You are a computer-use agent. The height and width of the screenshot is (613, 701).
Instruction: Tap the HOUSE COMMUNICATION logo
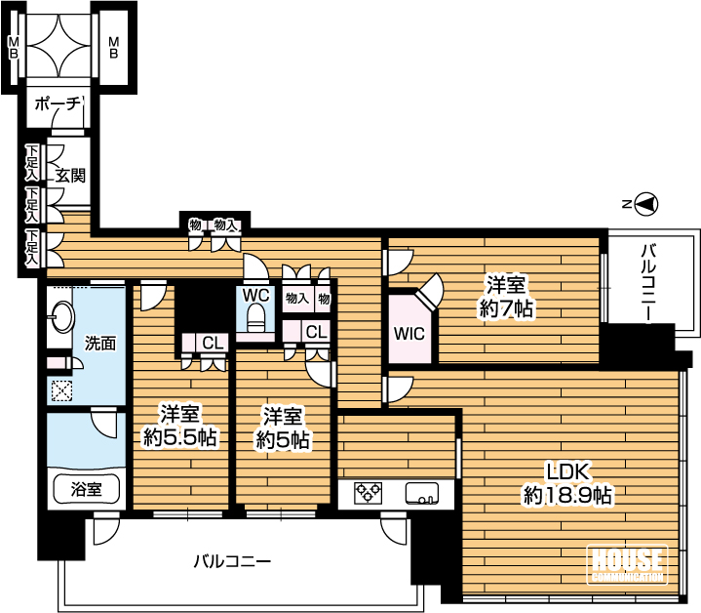click(x=627, y=564)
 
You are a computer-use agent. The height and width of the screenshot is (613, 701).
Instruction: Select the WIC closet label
click(x=409, y=334)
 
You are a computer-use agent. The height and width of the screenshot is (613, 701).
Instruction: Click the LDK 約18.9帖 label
click(x=567, y=484)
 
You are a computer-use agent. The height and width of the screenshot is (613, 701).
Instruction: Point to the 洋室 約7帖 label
click(x=506, y=296)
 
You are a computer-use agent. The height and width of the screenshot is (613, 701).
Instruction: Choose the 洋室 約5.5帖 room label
click(x=180, y=426)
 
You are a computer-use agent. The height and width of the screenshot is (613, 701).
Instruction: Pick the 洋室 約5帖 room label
click(x=283, y=429)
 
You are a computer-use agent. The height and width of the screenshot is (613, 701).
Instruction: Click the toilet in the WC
click(x=256, y=317)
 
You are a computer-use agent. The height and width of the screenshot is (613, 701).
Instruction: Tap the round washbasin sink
click(x=60, y=317)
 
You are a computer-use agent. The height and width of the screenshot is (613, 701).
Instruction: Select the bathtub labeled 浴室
click(x=87, y=489)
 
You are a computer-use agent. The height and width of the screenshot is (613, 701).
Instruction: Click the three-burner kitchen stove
click(x=369, y=494)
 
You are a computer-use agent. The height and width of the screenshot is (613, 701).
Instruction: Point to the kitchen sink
click(x=421, y=494)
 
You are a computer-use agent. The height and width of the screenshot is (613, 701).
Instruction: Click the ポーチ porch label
click(x=58, y=103)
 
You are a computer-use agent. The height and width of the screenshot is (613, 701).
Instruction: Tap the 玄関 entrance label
click(x=70, y=176)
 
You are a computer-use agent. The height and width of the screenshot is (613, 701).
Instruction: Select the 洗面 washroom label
click(x=100, y=344)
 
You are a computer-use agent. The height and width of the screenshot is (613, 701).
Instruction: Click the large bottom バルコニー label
click(x=232, y=561)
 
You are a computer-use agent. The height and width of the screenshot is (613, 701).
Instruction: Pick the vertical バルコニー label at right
click(x=648, y=283)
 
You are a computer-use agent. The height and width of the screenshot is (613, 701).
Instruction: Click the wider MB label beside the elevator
click(x=114, y=48)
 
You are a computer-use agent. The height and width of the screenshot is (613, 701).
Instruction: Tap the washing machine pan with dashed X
click(x=61, y=390)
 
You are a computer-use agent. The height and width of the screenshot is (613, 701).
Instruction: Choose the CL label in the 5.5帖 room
click(x=213, y=344)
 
